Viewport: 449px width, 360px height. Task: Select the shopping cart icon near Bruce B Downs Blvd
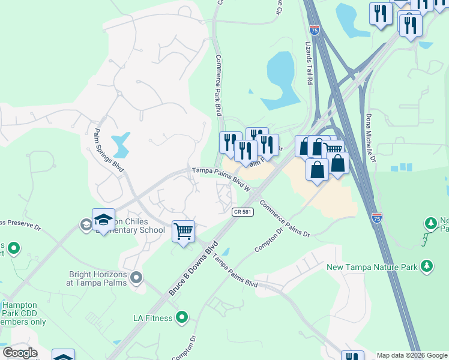coord(183,230)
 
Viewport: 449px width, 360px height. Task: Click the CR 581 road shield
coord(242,212)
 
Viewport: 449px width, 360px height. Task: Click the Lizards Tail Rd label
coord(310,62)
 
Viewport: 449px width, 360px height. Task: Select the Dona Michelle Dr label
coord(370,137)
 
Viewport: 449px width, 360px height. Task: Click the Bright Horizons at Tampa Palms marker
coord(136,277)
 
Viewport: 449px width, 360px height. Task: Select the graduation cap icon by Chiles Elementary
coord(103,218)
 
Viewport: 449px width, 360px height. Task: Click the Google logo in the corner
coord(20,353)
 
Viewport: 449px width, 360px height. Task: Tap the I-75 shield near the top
coord(315,29)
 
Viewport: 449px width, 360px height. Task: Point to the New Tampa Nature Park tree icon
coord(427,265)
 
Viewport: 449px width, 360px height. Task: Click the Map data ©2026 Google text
coord(412,355)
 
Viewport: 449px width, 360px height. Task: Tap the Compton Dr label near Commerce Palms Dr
coord(268,238)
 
